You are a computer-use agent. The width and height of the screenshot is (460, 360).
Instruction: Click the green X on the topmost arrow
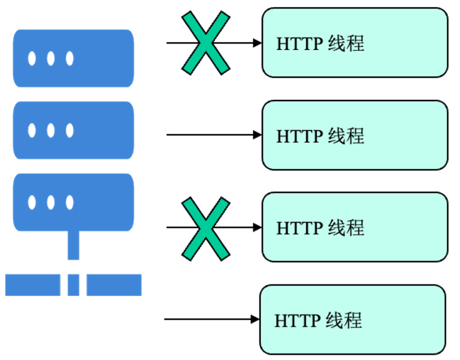coord(206,43)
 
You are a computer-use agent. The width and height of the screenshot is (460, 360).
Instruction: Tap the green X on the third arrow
coord(206,228)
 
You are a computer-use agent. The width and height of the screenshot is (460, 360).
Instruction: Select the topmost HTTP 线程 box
coord(354,43)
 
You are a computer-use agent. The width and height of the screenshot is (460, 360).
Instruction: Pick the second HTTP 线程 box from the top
coord(354,135)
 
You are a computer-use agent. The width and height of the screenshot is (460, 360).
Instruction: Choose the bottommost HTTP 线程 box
coord(353,320)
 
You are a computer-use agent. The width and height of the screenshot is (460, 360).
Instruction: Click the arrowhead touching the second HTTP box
coord(257,135)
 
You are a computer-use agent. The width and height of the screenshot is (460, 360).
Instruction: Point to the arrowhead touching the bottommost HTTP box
coord(255,319)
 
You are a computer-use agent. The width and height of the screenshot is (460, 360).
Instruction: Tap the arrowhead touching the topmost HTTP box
coord(257,43)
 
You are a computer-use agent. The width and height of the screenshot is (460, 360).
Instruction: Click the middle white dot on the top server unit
coord(51,58)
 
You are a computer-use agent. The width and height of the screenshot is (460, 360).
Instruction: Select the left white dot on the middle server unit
coord(32,130)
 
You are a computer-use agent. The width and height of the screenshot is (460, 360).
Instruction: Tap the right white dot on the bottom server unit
coord(69,203)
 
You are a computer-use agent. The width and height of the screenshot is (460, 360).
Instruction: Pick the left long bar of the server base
coord(32,285)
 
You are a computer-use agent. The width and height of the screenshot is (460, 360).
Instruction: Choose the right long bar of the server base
coord(114,285)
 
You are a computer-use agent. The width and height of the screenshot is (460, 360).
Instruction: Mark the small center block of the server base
coord(73,285)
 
